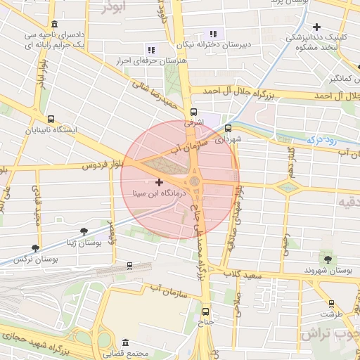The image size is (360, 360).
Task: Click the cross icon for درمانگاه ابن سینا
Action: click(x=159, y=182)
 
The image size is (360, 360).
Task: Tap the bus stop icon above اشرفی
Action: click(x=194, y=112)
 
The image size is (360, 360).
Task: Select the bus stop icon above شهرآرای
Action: click(x=228, y=128)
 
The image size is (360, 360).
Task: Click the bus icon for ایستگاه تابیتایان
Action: click(x=50, y=119)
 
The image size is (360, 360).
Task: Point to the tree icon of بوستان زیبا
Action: click(x=84, y=231)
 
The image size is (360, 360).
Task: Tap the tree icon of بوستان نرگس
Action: click(x=35, y=248)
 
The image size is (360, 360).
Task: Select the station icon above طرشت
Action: click(x=330, y=304)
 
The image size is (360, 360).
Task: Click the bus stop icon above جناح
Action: click(x=205, y=311)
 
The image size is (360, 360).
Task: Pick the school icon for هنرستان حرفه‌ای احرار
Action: click(x=150, y=50)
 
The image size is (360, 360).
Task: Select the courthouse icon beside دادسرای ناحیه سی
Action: click(x=55, y=24)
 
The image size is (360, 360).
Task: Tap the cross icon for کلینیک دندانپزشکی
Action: click(x=317, y=26)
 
